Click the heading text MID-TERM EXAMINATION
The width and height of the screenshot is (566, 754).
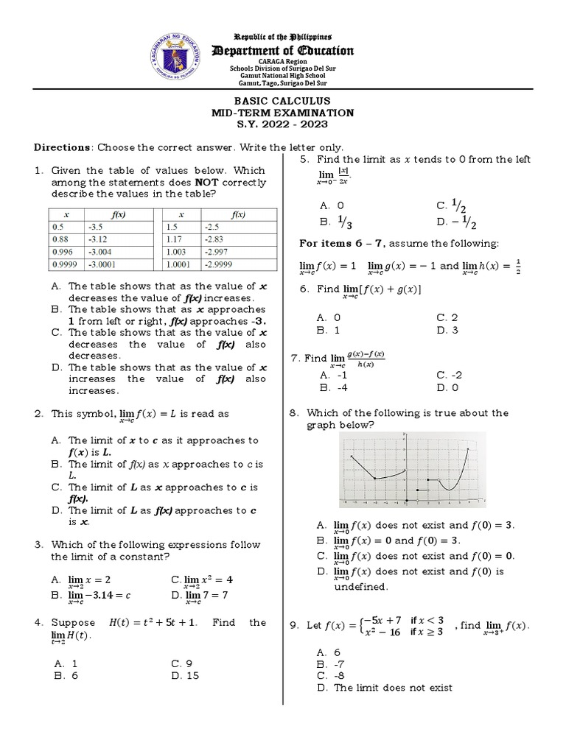[x=283, y=113]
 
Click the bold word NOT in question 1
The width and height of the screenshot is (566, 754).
[x=204, y=182]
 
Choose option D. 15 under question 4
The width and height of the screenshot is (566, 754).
[x=184, y=675]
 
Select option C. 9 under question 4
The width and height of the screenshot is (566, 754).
[x=181, y=663]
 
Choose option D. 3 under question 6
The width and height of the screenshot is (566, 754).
[x=447, y=330]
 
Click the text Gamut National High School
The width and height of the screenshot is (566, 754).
[x=283, y=76]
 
